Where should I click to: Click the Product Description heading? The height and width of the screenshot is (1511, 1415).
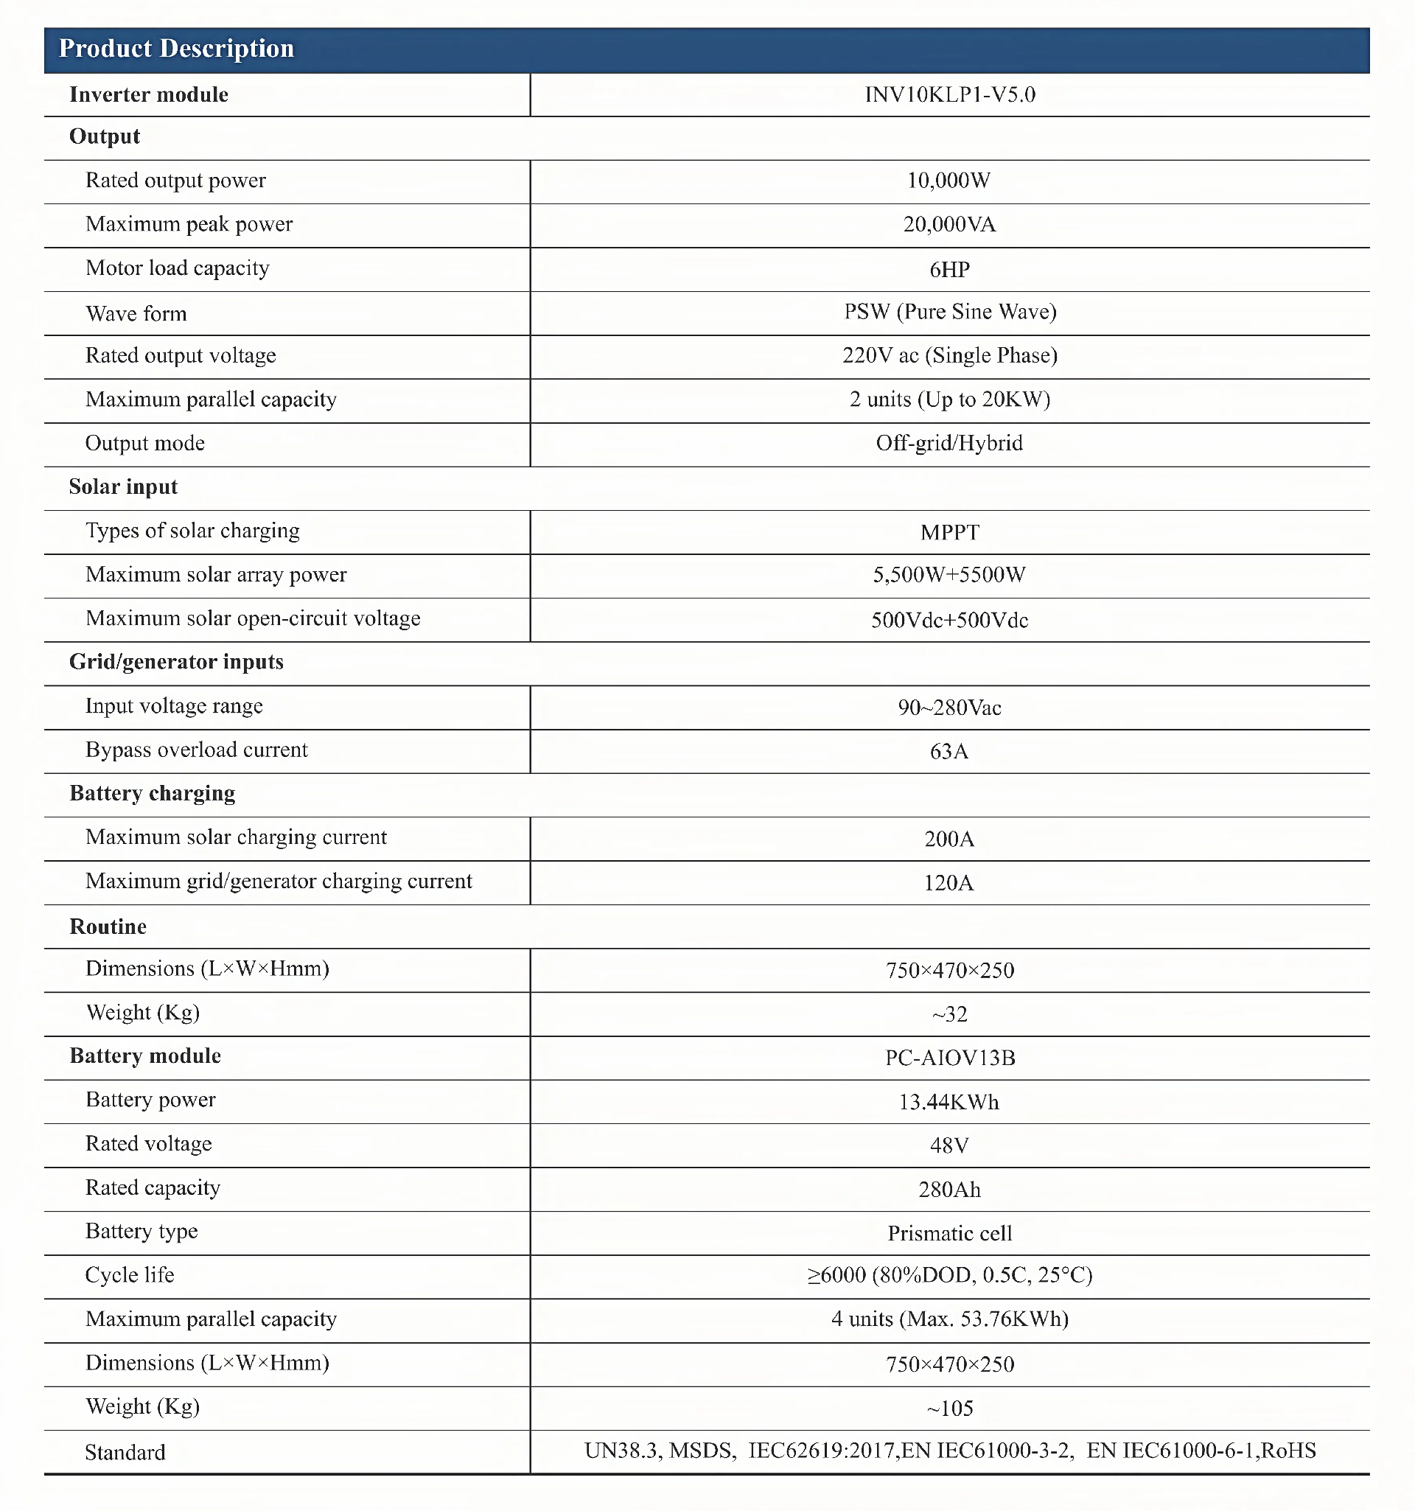[176, 49]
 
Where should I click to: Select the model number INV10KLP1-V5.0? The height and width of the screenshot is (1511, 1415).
[949, 95]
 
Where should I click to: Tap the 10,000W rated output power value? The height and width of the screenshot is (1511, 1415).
[948, 181]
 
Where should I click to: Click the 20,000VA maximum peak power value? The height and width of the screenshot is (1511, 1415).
[949, 225]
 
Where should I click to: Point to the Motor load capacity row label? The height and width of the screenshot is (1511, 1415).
[177, 268]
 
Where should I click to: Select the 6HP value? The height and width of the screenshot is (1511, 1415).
[949, 270]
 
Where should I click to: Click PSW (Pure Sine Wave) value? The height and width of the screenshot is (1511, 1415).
[950, 313]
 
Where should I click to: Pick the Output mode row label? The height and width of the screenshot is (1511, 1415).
[145, 444]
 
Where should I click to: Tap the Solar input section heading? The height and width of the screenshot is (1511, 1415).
[123, 487]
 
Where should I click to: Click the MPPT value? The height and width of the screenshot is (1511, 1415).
[949, 533]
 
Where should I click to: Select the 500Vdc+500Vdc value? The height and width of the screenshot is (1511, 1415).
[949, 620]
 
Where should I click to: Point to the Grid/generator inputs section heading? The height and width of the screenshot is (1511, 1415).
[176, 663]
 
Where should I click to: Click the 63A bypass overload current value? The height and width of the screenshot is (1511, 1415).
[949, 752]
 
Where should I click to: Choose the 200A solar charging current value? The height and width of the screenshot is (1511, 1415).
[949, 839]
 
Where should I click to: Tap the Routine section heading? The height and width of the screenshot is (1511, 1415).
[108, 927]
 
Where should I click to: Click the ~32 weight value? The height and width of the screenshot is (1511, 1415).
[949, 1015]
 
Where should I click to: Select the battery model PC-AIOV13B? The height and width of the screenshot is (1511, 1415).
[950, 1058]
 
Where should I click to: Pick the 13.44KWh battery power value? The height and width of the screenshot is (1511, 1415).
[948, 1103]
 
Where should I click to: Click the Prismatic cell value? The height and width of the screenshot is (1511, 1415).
[950, 1234]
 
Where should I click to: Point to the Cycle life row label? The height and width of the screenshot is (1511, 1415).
[130, 1275]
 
